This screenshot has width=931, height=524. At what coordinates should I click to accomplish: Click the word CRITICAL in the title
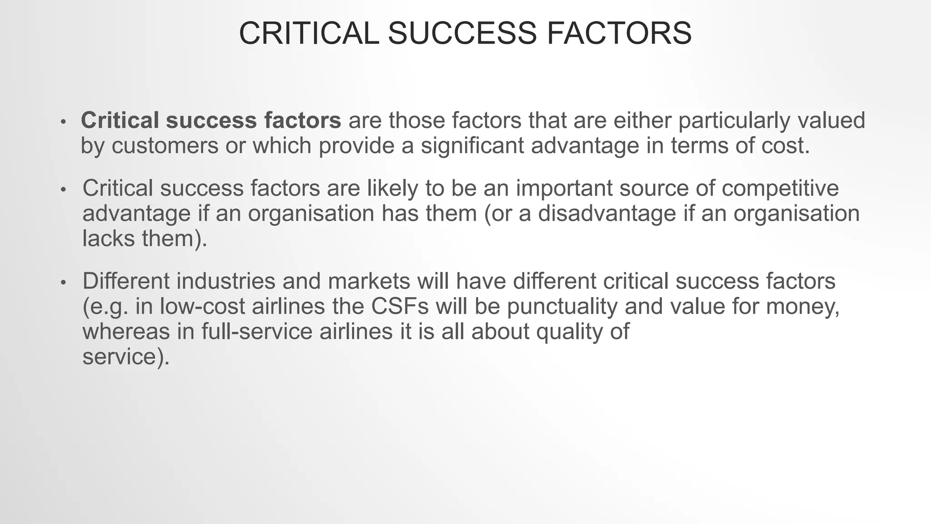(309, 33)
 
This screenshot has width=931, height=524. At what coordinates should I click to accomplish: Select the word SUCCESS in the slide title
(462, 33)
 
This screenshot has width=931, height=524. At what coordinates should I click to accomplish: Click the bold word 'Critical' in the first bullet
(120, 121)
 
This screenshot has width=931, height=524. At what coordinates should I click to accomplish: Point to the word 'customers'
(165, 146)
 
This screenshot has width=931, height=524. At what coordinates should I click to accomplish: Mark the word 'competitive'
(780, 188)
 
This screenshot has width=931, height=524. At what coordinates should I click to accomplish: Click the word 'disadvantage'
(607, 213)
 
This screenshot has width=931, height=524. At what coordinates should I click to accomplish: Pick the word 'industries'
(226, 281)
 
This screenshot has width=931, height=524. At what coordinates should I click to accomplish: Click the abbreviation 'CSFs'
(400, 306)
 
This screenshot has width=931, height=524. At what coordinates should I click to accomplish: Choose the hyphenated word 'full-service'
(257, 331)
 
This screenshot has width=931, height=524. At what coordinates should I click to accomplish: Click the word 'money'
(802, 306)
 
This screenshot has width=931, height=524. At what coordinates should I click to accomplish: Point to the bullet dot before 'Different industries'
(64, 282)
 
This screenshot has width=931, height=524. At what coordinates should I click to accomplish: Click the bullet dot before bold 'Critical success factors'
(64, 121)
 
